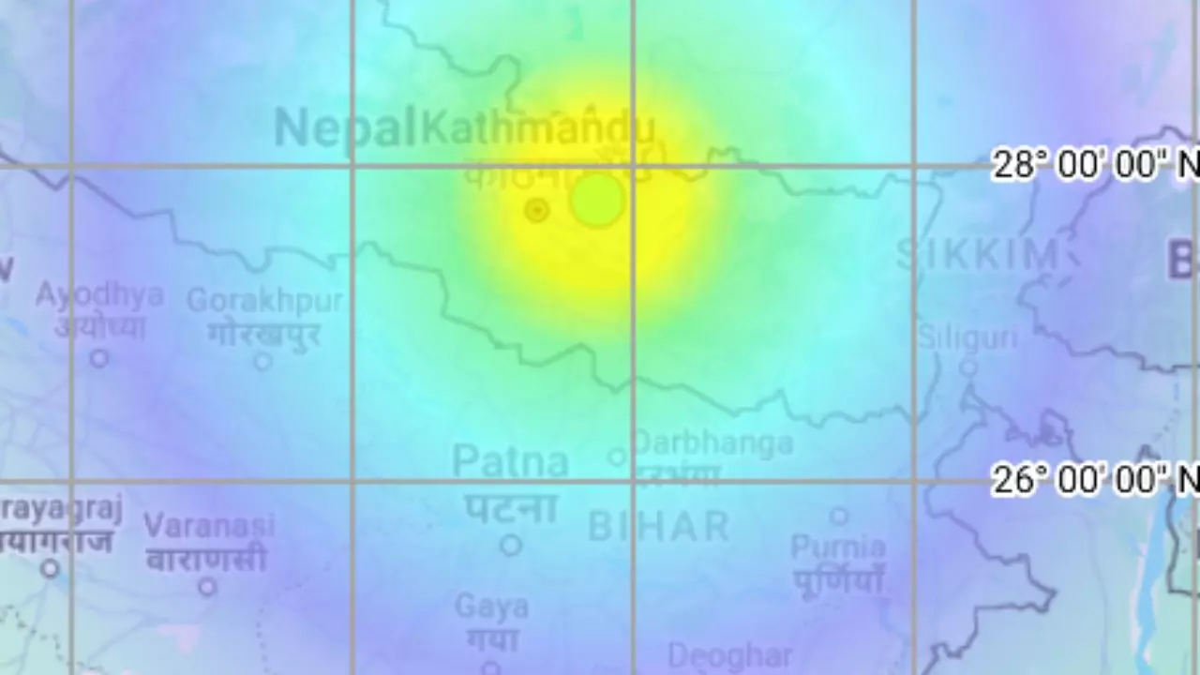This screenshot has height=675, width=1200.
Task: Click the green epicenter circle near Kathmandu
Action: (x=598, y=200)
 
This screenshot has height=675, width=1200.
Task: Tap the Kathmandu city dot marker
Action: (x=536, y=210)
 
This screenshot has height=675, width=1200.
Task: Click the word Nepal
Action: (x=344, y=127)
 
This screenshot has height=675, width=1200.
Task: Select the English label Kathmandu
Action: (x=537, y=128)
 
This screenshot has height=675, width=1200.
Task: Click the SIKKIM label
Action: (x=978, y=254)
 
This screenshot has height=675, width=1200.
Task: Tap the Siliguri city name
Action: (x=967, y=337)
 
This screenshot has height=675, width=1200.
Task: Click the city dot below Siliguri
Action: (x=968, y=367)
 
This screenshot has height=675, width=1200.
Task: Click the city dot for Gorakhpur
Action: (x=263, y=361)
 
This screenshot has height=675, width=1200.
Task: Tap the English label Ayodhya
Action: (x=99, y=294)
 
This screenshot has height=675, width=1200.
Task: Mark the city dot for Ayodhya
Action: (x=98, y=357)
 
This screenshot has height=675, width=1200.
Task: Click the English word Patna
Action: (x=510, y=461)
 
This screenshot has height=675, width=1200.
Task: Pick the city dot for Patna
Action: (x=510, y=544)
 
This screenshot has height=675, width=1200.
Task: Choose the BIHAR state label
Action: (x=658, y=527)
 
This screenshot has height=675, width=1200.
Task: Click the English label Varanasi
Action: (x=209, y=525)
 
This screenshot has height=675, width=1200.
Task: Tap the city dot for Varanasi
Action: (x=207, y=587)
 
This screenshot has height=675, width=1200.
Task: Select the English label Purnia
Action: (x=838, y=547)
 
